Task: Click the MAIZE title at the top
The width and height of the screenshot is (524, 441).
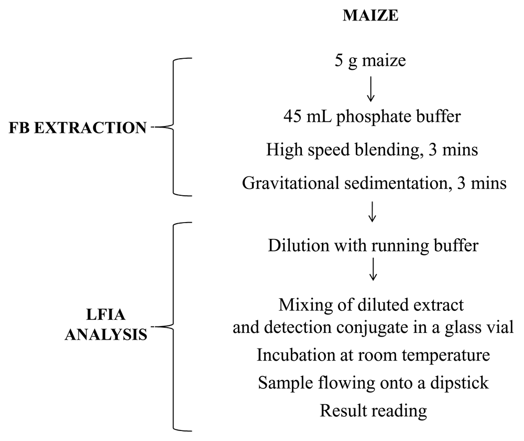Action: pos(370,16)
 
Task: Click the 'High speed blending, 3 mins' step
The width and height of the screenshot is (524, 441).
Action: pos(372,150)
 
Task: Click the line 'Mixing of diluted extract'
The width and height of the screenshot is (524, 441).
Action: pos(372,304)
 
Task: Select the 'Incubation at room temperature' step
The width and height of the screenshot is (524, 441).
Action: pos(373,355)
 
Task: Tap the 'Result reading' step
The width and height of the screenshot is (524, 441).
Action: pos(373,410)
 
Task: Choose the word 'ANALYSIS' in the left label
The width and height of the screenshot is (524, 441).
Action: pos(106,334)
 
